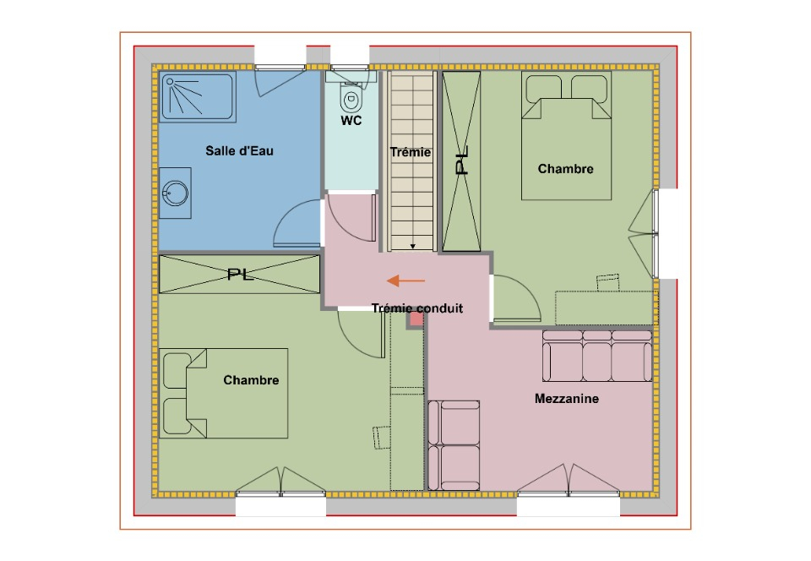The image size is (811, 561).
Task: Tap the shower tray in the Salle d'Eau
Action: coord(197,96)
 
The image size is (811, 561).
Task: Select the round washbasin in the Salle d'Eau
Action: coord(176,193)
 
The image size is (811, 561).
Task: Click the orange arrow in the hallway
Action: coord(406,280)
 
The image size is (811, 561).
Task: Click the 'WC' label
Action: coord(351,121)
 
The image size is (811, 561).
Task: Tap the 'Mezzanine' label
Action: coord(567,399)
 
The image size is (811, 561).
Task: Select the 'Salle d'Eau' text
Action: coord(239,151)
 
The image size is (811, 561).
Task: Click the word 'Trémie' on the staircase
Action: coord(411,152)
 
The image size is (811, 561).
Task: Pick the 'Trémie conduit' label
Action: coord(417,308)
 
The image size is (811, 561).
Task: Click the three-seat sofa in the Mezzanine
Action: coord(597,357)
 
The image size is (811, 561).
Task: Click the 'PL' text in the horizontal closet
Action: coord(241,274)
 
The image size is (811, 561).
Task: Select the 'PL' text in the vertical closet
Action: coord(461,161)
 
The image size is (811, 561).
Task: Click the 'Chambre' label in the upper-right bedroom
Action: coord(566,169)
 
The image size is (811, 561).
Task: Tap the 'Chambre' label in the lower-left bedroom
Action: coord(252,380)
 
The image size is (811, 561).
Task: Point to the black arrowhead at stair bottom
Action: coord(413,247)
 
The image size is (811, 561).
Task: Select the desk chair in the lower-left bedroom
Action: coord(382,438)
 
